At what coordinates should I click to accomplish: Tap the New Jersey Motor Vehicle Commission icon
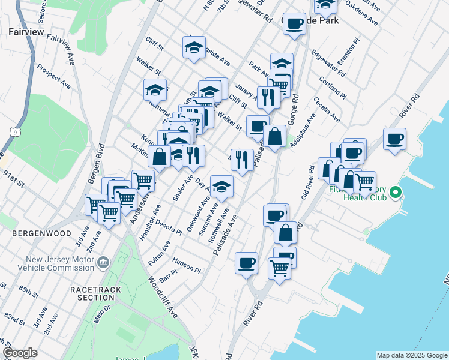[x=104, y=262]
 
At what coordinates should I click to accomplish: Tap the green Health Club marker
[x=394, y=193]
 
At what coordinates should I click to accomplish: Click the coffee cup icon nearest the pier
[x=394, y=139]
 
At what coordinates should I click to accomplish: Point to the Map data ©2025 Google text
[x=412, y=355]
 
